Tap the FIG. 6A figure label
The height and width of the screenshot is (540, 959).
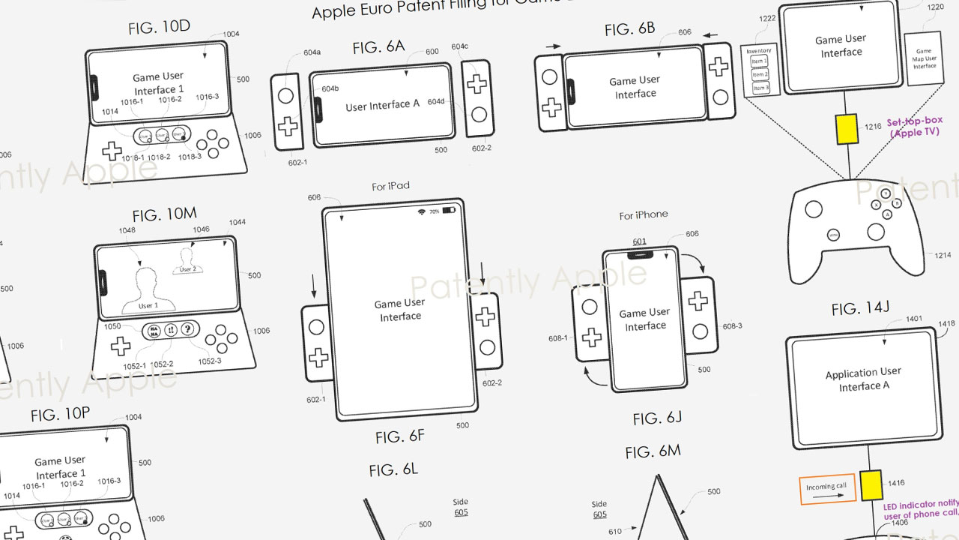coord(378,47)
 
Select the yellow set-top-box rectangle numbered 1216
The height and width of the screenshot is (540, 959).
coord(847,128)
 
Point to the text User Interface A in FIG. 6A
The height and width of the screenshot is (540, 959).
coord(382,106)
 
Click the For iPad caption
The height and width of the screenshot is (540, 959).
coord(390,186)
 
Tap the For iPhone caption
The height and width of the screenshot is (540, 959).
coord(643,215)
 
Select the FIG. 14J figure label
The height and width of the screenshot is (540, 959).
coord(862,308)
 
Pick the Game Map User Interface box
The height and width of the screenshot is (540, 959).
coord(924,59)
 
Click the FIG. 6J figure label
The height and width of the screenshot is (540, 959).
coord(657,418)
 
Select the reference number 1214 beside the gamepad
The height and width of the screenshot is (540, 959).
coord(942,256)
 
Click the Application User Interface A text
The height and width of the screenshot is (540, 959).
coord(863,379)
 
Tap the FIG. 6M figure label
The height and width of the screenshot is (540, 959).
coord(653,451)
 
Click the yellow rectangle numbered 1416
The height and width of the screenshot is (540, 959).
coord(870,486)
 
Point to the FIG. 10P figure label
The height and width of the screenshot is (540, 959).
coord(61,415)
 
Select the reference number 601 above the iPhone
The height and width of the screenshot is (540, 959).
coord(639,241)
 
